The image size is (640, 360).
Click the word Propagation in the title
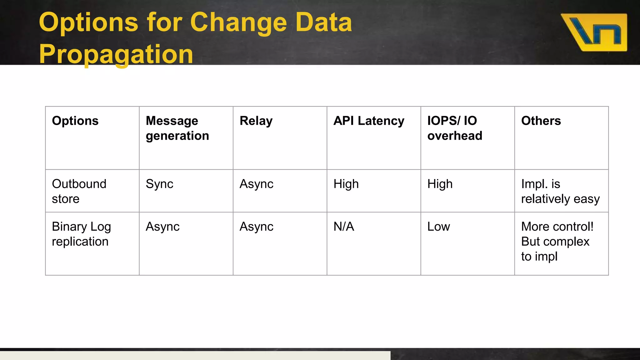coord(116,54)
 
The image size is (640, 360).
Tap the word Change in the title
coord(238,22)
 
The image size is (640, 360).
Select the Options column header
coord(75,121)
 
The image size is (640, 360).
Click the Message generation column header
coord(177,128)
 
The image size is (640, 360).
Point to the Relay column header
coord(256,121)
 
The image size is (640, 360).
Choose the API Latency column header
coord(369,121)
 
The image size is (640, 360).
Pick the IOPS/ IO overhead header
coord(455,128)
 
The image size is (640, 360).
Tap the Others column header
coord(541,121)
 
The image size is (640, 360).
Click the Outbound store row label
coord(79,191)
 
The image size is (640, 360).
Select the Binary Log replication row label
coord(81,234)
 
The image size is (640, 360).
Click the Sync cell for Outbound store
coord(159,184)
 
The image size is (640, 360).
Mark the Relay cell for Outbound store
coord(256,184)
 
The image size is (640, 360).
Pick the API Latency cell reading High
coord(346,184)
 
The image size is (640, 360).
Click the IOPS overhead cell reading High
coord(440,184)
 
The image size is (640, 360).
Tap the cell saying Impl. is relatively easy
coord(560,191)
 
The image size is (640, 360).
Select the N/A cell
coord(344,227)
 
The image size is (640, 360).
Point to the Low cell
coord(438,227)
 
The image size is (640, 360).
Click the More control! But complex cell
coord(557,241)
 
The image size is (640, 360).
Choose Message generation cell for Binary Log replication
coord(162,227)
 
